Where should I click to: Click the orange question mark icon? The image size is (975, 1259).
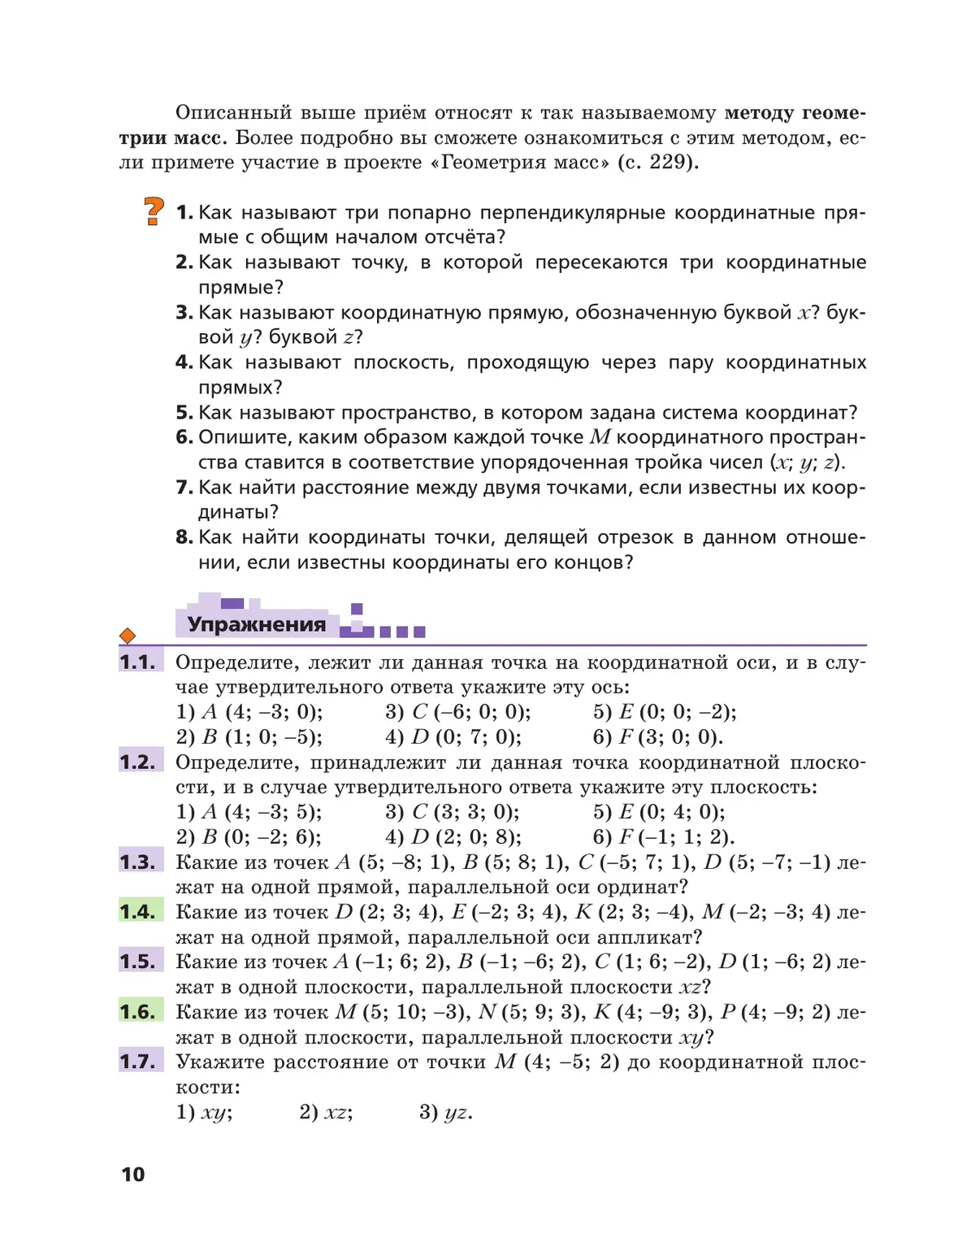[x=154, y=211]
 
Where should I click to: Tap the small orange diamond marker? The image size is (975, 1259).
[x=128, y=636]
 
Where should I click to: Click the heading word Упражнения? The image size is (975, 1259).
[x=257, y=624]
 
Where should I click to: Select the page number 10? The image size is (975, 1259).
[x=132, y=1174]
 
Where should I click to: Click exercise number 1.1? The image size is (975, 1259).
[x=137, y=662]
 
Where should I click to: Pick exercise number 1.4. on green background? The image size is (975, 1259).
[x=137, y=912]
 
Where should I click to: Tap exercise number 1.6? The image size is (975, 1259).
[x=137, y=1012]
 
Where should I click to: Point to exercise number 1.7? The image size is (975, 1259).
[x=137, y=1061]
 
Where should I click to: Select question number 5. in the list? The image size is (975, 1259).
[x=184, y=412]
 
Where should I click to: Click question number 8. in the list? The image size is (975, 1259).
[x=184, y=537]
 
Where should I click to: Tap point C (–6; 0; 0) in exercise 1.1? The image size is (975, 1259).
[x=471, y=712]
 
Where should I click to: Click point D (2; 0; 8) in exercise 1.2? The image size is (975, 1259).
[x=466, y=836]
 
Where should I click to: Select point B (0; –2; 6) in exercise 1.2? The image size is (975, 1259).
[x=261, y=836]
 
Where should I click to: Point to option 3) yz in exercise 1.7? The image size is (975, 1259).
[x=445, y=1112]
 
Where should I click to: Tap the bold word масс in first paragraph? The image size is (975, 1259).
[x=199, y=137]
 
